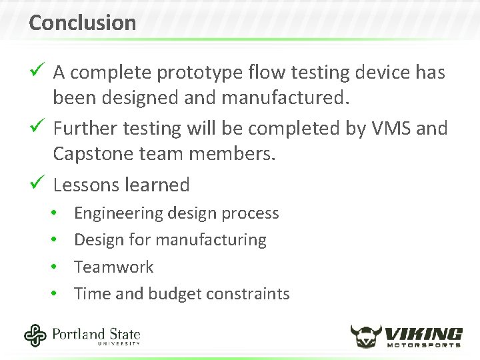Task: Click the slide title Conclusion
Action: point(82,23)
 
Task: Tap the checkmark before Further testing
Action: point(37,126)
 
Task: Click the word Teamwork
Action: point(113,267)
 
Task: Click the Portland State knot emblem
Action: point(35,335)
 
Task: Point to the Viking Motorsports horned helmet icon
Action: point(367,336)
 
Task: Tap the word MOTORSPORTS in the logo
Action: point(425,345)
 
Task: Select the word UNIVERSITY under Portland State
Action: point(119,343)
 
